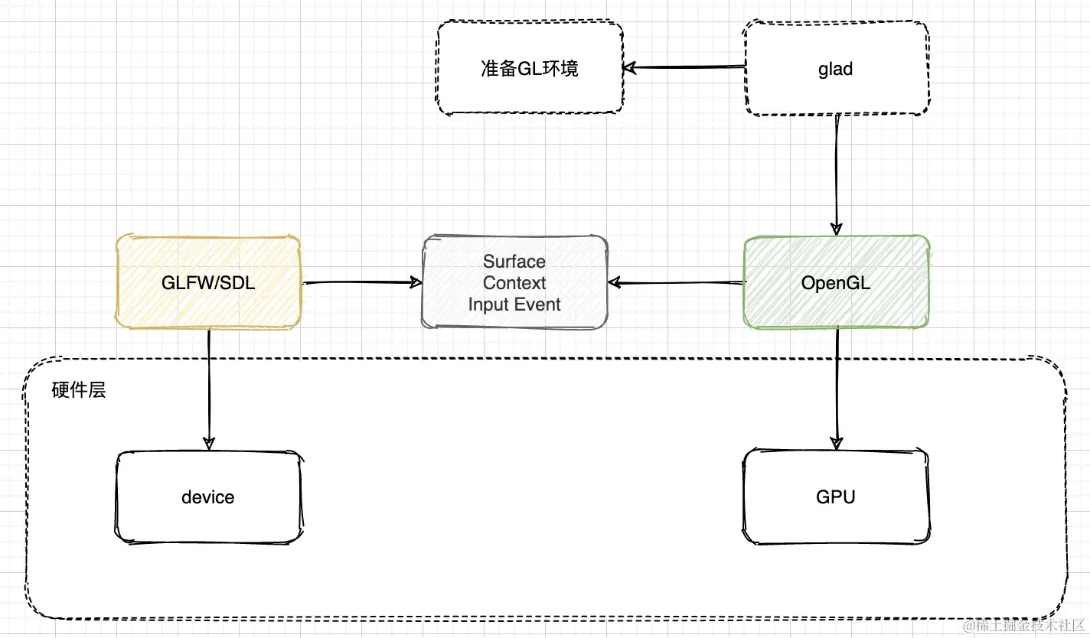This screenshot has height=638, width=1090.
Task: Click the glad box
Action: click(836, 69)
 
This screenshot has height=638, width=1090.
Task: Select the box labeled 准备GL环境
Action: click(530, 69)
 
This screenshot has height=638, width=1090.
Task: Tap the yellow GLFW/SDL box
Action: click(208, 283)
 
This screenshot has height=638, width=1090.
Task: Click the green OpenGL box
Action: click(836, 283)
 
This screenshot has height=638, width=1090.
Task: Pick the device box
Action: click(208, 497)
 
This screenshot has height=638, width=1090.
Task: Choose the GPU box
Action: click(836, 497)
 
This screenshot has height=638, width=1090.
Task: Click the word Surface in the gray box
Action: click(514, 262)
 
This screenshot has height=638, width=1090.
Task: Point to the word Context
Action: click(514, 283)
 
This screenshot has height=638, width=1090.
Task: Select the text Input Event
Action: click(514, 304)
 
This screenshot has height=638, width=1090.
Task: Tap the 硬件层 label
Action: click(78, 390)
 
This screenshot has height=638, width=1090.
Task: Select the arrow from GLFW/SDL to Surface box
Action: click(360, 282)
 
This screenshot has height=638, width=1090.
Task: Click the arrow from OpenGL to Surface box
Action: click(677, 283)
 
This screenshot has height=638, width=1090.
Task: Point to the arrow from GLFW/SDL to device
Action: click(208, 386)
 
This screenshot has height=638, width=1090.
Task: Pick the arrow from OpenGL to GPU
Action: click(836, 386)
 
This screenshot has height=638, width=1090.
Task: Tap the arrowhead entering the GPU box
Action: click(836, 441)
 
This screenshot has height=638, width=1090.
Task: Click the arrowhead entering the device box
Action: click(208, 442)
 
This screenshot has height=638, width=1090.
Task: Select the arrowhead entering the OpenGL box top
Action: click(836, 227)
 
